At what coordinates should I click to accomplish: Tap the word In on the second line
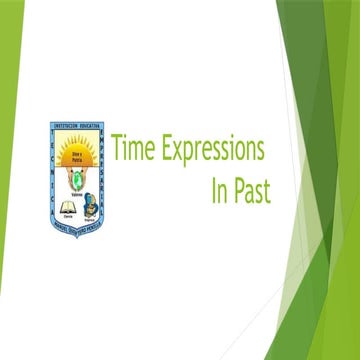(x=218, y=189)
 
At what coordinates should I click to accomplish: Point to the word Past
(x=251, y=189)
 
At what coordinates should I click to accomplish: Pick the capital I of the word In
(x=213, y=189)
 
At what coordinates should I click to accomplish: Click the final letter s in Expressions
(x=261, y=152)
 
